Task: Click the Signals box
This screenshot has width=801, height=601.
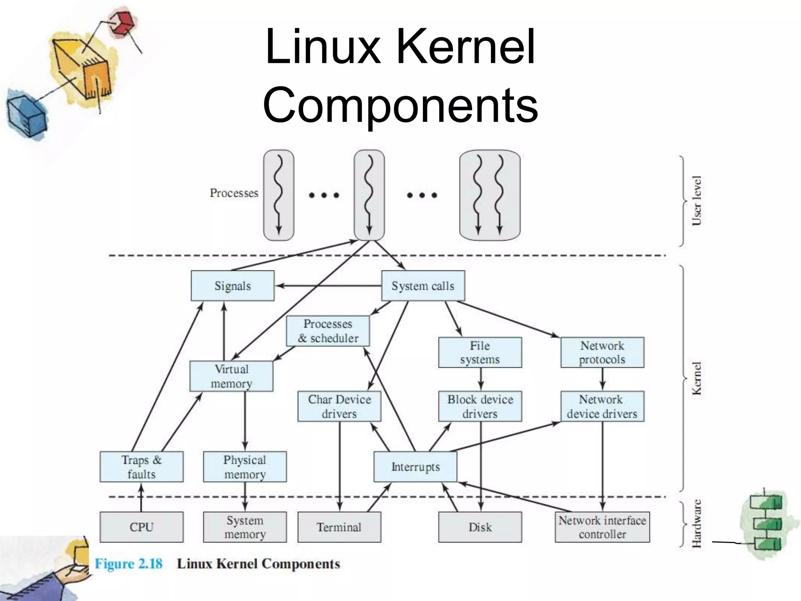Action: click(232, 286)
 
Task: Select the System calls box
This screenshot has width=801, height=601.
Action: click(423, 286)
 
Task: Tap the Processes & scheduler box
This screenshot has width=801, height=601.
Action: click(328, 331)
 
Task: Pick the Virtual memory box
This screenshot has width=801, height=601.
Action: click(231, 376)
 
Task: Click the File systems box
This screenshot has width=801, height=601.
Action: click(480, 353)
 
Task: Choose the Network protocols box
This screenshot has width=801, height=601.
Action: click(602, 353)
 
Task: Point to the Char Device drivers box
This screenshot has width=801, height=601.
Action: click(339, 406)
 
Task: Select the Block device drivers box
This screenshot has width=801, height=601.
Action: click(480, 406)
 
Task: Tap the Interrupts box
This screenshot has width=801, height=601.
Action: click(415, 467)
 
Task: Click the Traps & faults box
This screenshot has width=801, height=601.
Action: click(141, 467)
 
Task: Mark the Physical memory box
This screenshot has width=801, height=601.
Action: click(244, 467)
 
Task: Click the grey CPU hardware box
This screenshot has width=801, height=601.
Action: click(141, 527)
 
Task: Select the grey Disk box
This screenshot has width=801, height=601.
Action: click(480, 527)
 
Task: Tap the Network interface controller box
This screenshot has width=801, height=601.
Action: click(602, 527)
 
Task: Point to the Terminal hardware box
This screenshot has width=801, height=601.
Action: click(339, 527)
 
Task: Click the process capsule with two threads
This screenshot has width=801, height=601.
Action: click(489, 195)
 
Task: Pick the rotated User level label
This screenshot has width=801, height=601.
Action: click(697, 200)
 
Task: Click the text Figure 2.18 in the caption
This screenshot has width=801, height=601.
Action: click(128, 564)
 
